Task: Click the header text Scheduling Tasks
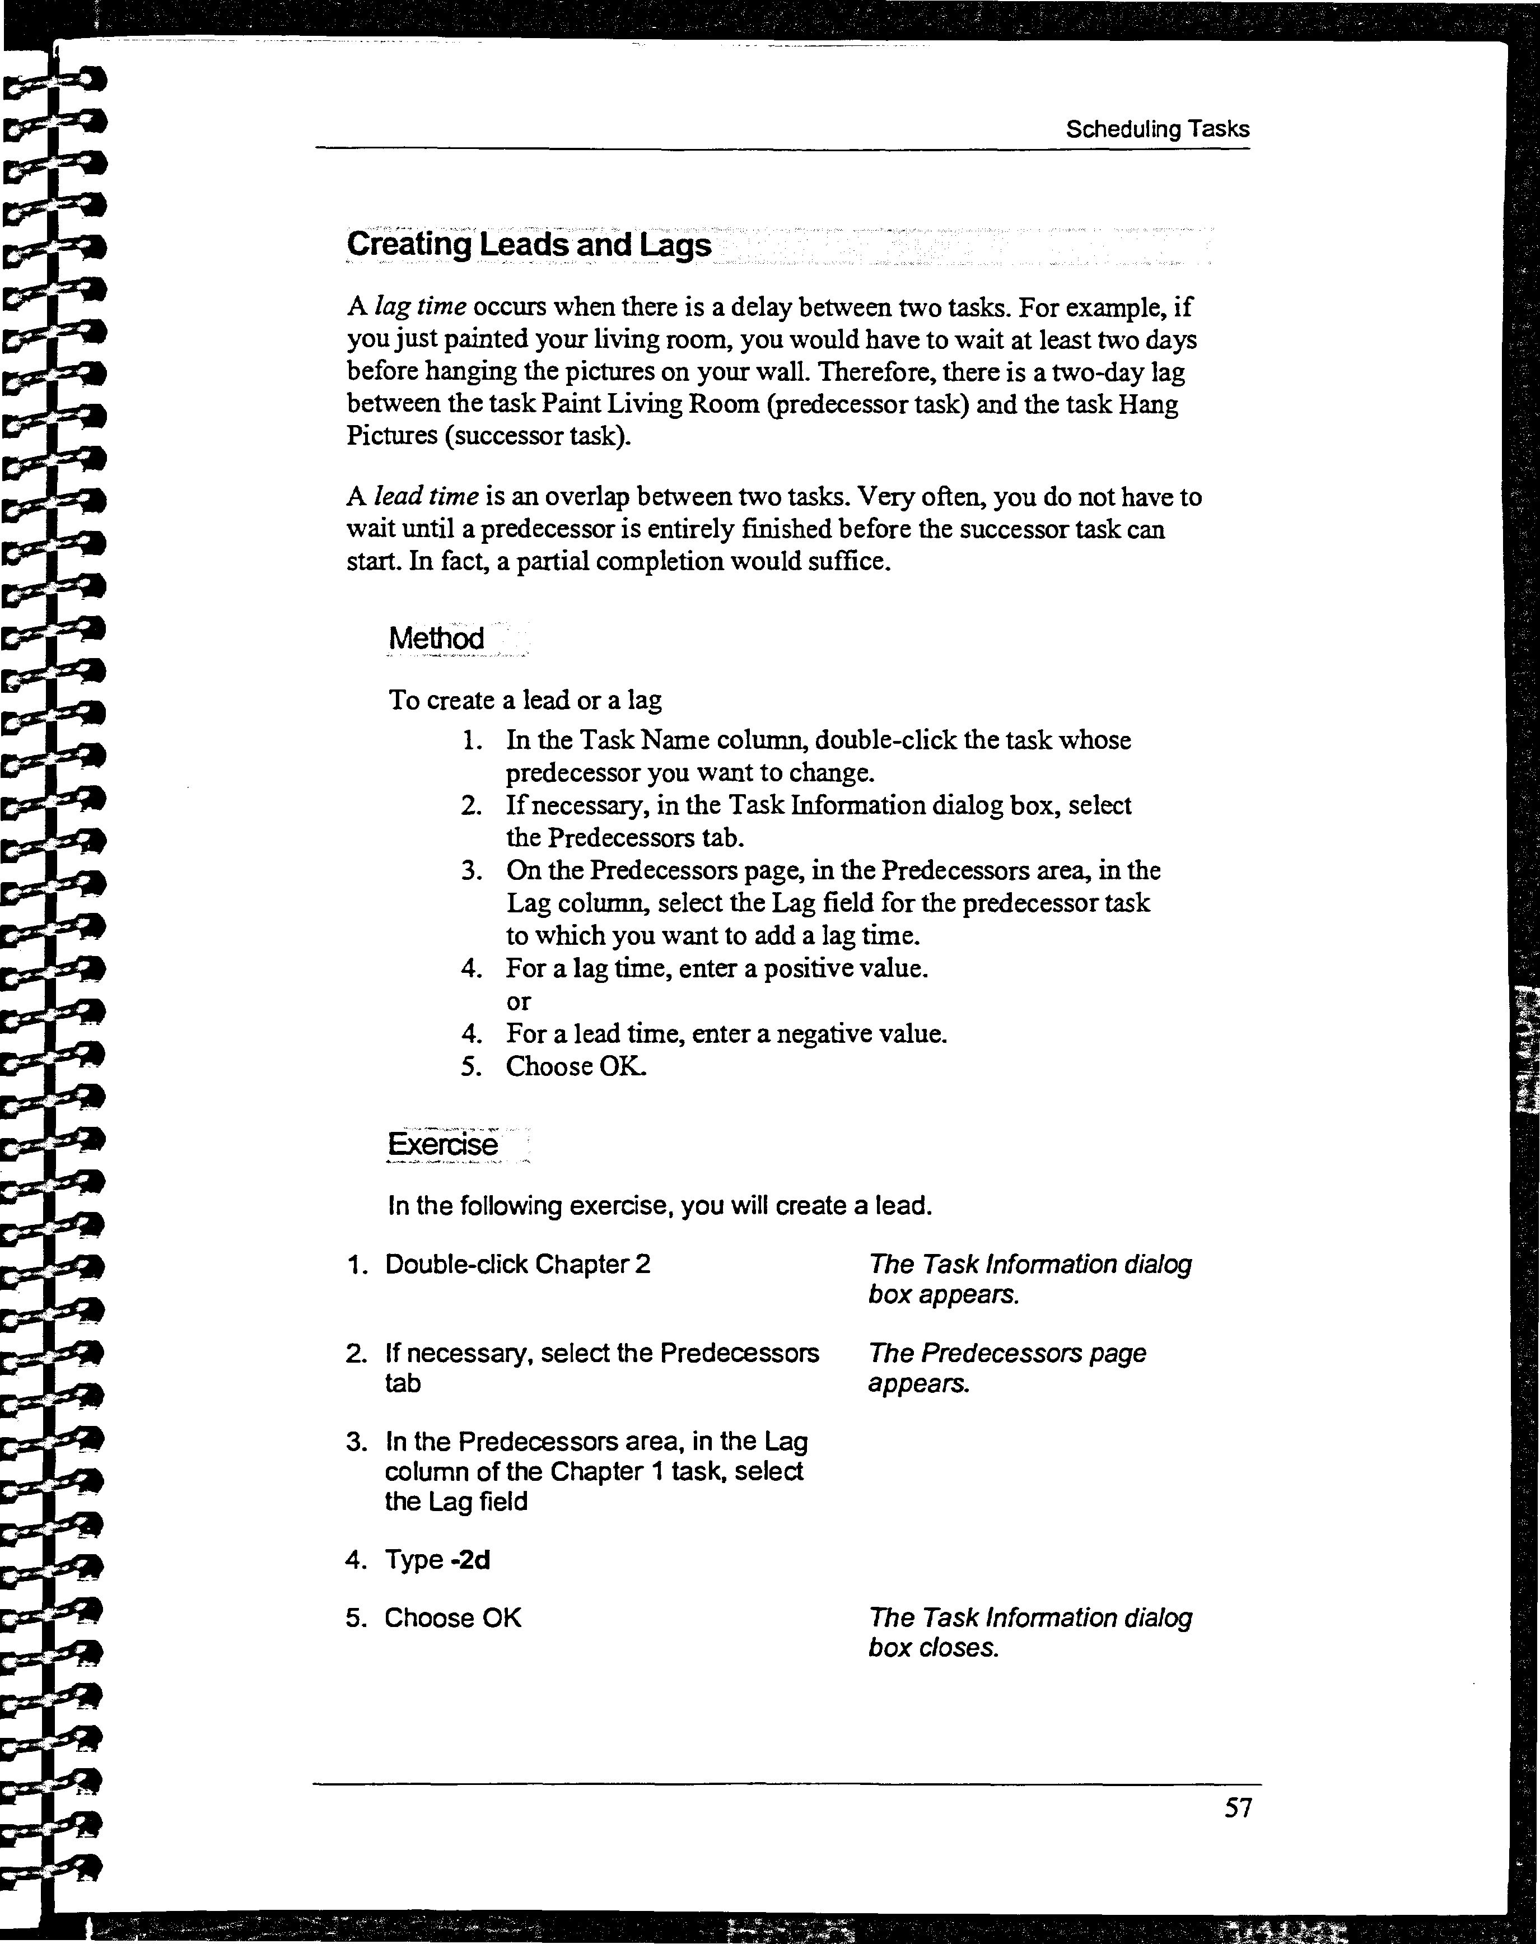point(1157,129)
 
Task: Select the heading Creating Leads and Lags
point(529,244)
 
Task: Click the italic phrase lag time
point(420,306)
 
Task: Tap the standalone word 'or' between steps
point(519,1001)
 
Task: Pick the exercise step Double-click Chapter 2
point(517,1264)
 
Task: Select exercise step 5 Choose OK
point(452,1617)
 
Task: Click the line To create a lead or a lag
point(525,700)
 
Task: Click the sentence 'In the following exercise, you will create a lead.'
point(659,1205)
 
